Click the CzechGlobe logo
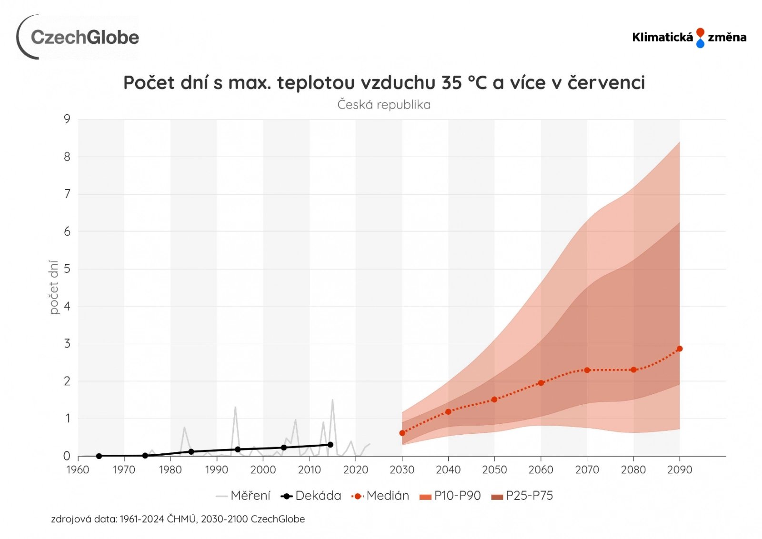click(x=78, y=37)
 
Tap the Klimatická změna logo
click(x=689, y=38)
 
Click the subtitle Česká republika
click(x=384, y=105)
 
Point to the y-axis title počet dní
click(x=54, y=287)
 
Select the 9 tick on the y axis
click(x=67, y=119)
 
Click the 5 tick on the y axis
click(x=67, y=269)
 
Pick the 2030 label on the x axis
click(x=401, y=470)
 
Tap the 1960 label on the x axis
click(x=78, y=470)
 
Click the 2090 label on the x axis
click(x=679, y=470)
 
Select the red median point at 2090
click(x=680, y=349)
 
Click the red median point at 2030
click(x=402, y=433)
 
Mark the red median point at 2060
click(x=541, y=383)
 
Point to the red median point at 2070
click(x=587, y=370)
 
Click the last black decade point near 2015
click(x=331, y=445)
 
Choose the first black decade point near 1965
click(x=99, y=456)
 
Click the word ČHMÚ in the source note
click(x=181, y=519)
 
